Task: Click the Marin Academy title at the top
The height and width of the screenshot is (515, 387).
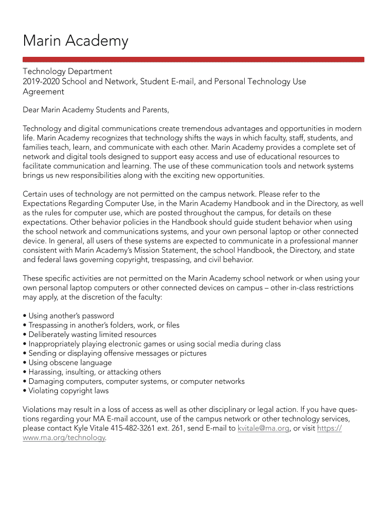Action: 75,41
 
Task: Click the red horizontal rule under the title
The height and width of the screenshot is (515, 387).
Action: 193,59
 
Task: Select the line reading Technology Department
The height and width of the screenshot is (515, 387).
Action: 67,71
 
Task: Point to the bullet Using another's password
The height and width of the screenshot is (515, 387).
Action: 69,316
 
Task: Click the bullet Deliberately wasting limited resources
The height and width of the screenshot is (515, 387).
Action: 90,334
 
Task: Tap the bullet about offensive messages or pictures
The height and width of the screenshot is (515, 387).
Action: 115,353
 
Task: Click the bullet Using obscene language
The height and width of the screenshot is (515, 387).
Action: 68,363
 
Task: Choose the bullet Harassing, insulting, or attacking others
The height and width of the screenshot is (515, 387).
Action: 92,372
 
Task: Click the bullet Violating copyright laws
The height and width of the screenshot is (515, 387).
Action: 66,391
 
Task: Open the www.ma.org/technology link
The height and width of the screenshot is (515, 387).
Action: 64,438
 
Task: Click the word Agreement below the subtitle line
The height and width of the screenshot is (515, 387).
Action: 44,92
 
